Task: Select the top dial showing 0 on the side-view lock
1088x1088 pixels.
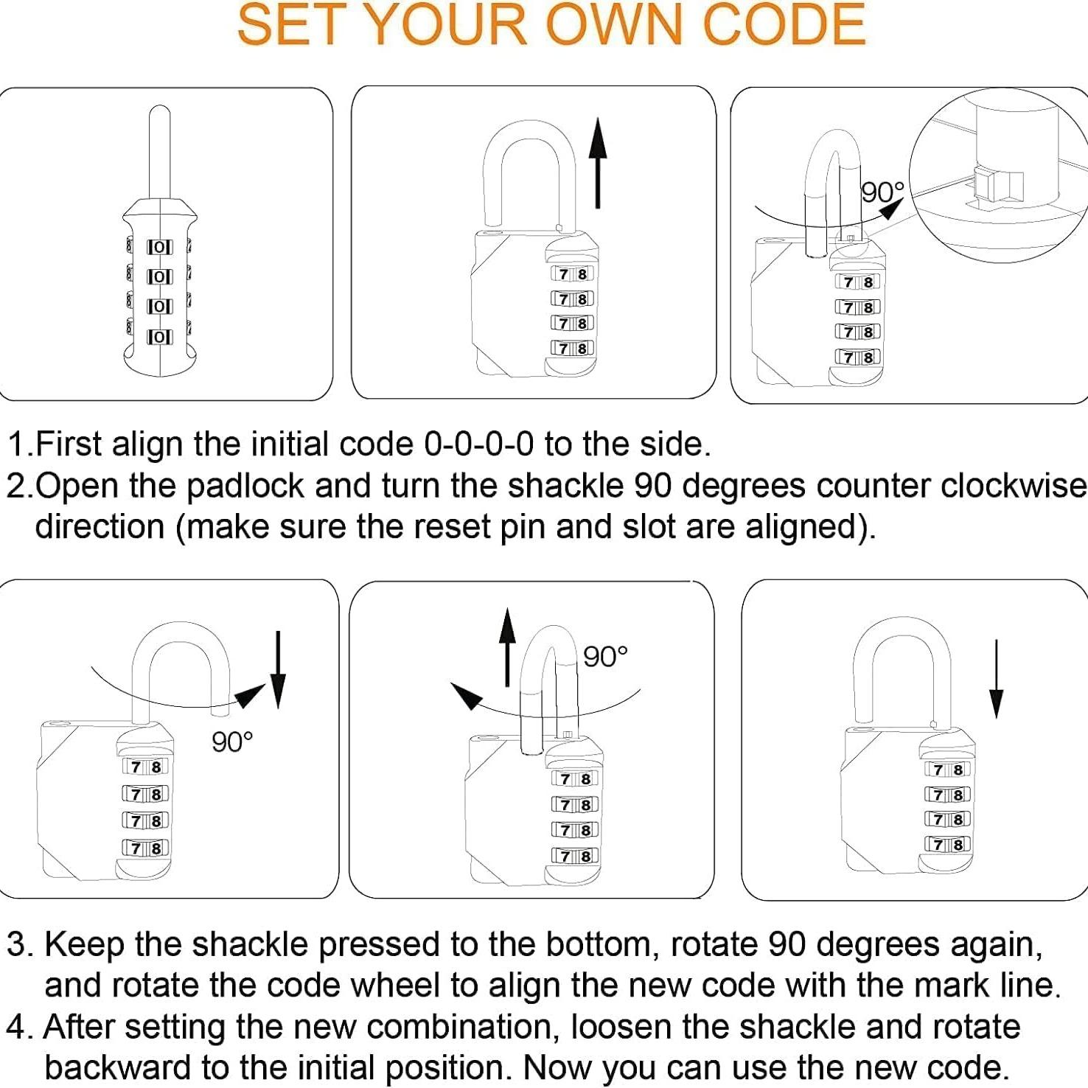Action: coord(159,247)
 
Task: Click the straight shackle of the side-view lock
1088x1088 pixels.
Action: coord(160,151)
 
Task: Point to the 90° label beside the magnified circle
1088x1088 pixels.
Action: coord(882,192)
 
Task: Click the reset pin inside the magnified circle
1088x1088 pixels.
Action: coord(997,185)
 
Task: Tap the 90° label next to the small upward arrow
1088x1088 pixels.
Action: coord(605,656)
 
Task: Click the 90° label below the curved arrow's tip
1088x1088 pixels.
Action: coord(232,742)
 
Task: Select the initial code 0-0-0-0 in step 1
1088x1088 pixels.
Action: coord(478,444)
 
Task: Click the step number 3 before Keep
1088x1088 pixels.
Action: coord(18,944)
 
